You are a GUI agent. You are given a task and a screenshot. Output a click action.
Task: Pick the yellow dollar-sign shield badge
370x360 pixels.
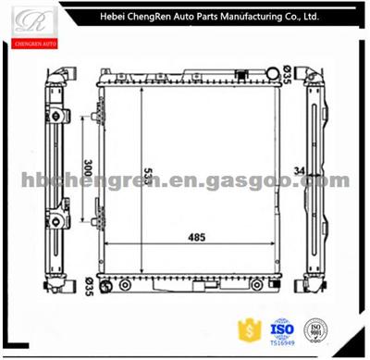click(x=249, y=329)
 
